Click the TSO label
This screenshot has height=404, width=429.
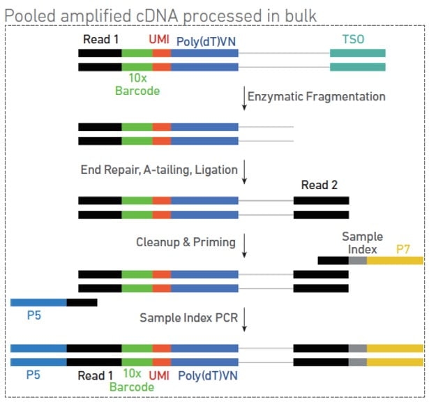point(353,39)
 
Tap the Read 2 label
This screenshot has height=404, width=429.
point(319,185)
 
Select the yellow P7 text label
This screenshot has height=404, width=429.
point(402,249)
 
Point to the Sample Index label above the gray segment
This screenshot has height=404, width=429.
point(363,243)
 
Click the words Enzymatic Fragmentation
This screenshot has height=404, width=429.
point(317,96)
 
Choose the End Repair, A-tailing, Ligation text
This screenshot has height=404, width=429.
point(159,170)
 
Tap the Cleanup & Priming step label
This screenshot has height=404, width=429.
point(186,242)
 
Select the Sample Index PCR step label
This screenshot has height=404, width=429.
point(189,317)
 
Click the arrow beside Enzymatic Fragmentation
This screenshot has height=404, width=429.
point(244,98)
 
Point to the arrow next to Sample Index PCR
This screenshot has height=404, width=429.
point(245,320)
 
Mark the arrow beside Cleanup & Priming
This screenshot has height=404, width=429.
point(245,246)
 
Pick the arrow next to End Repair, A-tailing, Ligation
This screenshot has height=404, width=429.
point(245,172)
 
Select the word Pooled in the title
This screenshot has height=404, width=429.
point(30,15)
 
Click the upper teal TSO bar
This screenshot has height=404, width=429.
point(358,53)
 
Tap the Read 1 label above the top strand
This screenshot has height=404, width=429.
point(100,39)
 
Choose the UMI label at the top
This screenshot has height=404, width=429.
point(159,39)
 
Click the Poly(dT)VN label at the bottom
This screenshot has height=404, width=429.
point(208,375)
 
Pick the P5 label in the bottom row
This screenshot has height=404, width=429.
point(33,375)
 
